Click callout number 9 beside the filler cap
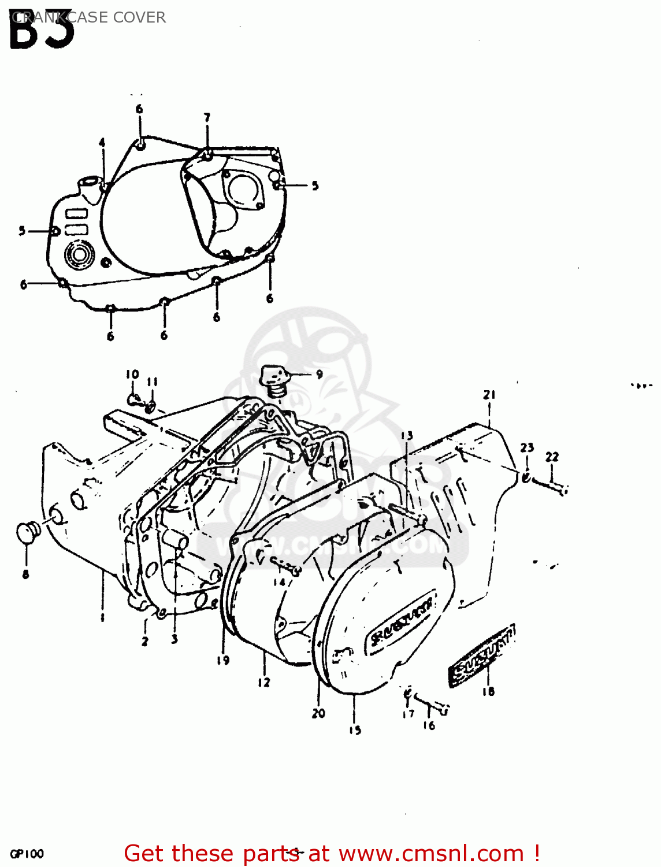320,375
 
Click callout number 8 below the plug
25,574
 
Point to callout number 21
489,395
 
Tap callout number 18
488,691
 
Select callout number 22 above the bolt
552,457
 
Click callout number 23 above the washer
527,447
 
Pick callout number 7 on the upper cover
207,117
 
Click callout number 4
102,142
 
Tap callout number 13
407,436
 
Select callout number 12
264,683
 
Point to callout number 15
355,730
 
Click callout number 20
318,713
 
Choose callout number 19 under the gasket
224,660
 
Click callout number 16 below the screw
429,725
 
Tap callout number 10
132,375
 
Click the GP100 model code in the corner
27,854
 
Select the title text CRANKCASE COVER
88,17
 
